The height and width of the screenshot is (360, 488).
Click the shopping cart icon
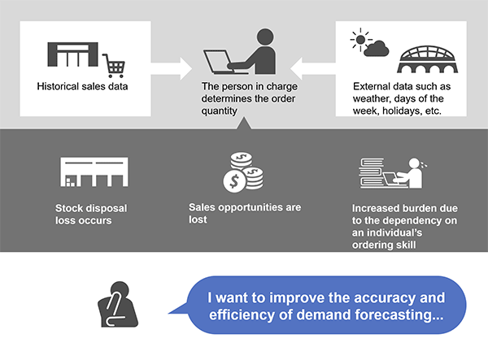tap(114, 66)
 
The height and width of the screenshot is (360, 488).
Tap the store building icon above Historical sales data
tap(72, 54)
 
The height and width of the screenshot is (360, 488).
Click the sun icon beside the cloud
tap(360, 40)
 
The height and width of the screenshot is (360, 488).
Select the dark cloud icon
tap(377, 49)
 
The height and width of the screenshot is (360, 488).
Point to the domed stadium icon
tap(428, 59)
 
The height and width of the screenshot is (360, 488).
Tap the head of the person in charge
tap(265, 37)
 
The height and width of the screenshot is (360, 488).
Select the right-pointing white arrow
tap(172, 69)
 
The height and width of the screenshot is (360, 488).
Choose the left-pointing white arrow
tap(313, 69)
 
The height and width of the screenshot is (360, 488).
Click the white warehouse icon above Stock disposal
tap(94, 172)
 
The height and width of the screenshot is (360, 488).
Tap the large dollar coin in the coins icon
tap(234, 181)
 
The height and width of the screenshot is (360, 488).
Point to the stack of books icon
tap(372, 173)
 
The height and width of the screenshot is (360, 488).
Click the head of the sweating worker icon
tap(414, 163)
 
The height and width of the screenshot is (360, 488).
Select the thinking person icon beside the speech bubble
tap(118, 305)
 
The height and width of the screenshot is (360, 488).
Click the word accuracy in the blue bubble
tap(385, 297)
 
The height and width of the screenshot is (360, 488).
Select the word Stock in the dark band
tap(68, 208)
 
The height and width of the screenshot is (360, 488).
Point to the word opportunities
tap(251, 208)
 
